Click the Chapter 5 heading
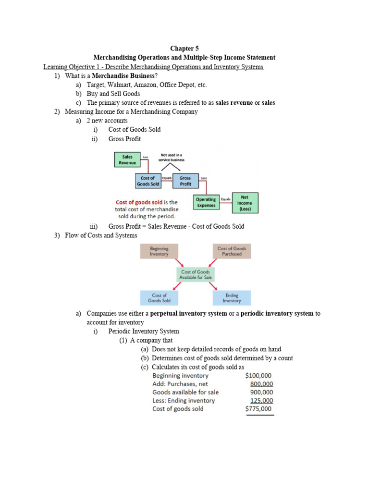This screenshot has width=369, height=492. (x=184, y=49)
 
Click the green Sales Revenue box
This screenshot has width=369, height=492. (x=127, y=160)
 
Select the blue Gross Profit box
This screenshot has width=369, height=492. (x=185, y=181)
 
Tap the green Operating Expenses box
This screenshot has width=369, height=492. (x=206, y=202)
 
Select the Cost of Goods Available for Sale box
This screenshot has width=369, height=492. (x=196, y=274)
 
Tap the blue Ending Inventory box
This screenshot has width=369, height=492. (x=232, y=298)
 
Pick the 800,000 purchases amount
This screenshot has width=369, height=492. (x=262, y=384)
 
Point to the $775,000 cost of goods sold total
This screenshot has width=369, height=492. (x=258, y=409)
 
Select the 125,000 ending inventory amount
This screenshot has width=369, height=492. (x=262, y=401)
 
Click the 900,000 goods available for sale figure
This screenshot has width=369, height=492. (x=262, y=392)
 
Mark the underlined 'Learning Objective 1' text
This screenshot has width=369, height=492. (x=75, y=67)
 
